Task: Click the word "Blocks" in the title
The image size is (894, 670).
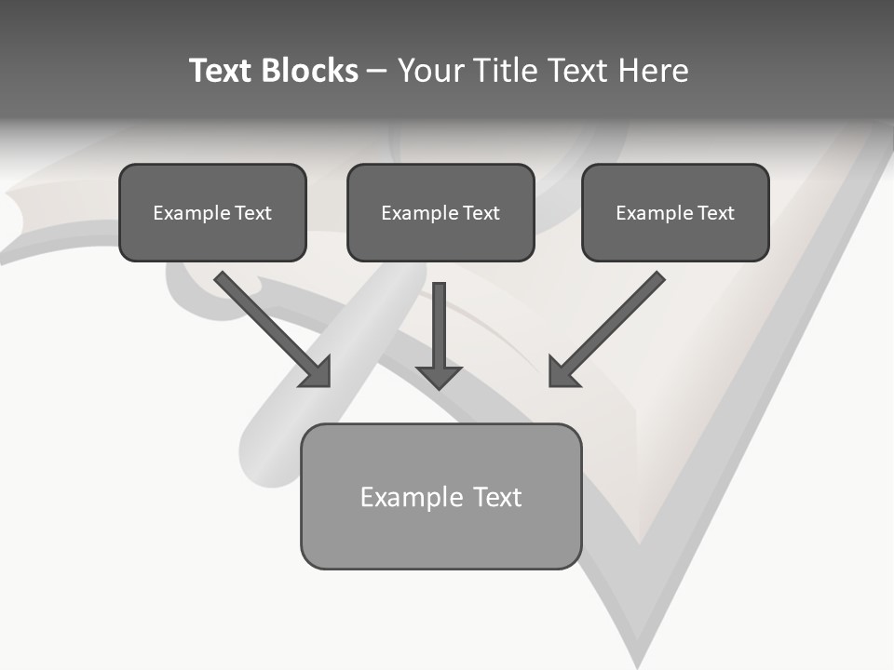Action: [x=309, y=71]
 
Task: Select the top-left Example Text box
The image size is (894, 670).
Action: [x=212, y=212]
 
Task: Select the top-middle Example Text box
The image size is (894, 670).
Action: [x=440, y=212]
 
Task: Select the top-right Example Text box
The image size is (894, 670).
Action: [x=675, y=212]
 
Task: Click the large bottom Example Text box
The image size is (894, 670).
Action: [x=440, y=496]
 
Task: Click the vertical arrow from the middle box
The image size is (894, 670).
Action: [x=439, y=326]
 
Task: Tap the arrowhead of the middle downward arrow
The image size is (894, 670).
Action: [x=439, y=376]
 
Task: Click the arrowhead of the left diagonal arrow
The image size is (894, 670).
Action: [x=317, y=372]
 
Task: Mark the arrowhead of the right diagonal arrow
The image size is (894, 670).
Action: [x=562, y=372]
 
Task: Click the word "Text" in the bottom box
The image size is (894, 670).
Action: [x=496, y=497]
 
